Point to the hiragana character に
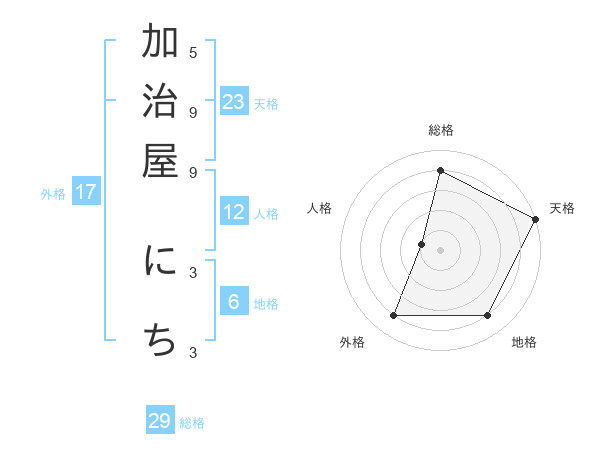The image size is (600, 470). click(x=160, y=261)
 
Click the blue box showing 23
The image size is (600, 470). click(x=234, y=101)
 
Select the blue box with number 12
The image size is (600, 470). click(x=234, y=212)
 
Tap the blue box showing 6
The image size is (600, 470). click(x=234, y=302)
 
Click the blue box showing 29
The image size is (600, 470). click(x=160, y=421)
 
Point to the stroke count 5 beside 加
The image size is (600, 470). click(x=193, y=52)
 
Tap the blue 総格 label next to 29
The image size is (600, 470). click(x=192, y=423)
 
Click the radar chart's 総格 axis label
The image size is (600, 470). click(x=440, y=131)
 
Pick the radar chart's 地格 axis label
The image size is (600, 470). click(x=524, y=343)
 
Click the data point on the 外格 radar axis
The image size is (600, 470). click(x=393, y=316)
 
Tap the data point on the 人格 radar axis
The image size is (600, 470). click(x=422, y=244)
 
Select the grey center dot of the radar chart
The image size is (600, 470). click(x=440, y=250)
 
